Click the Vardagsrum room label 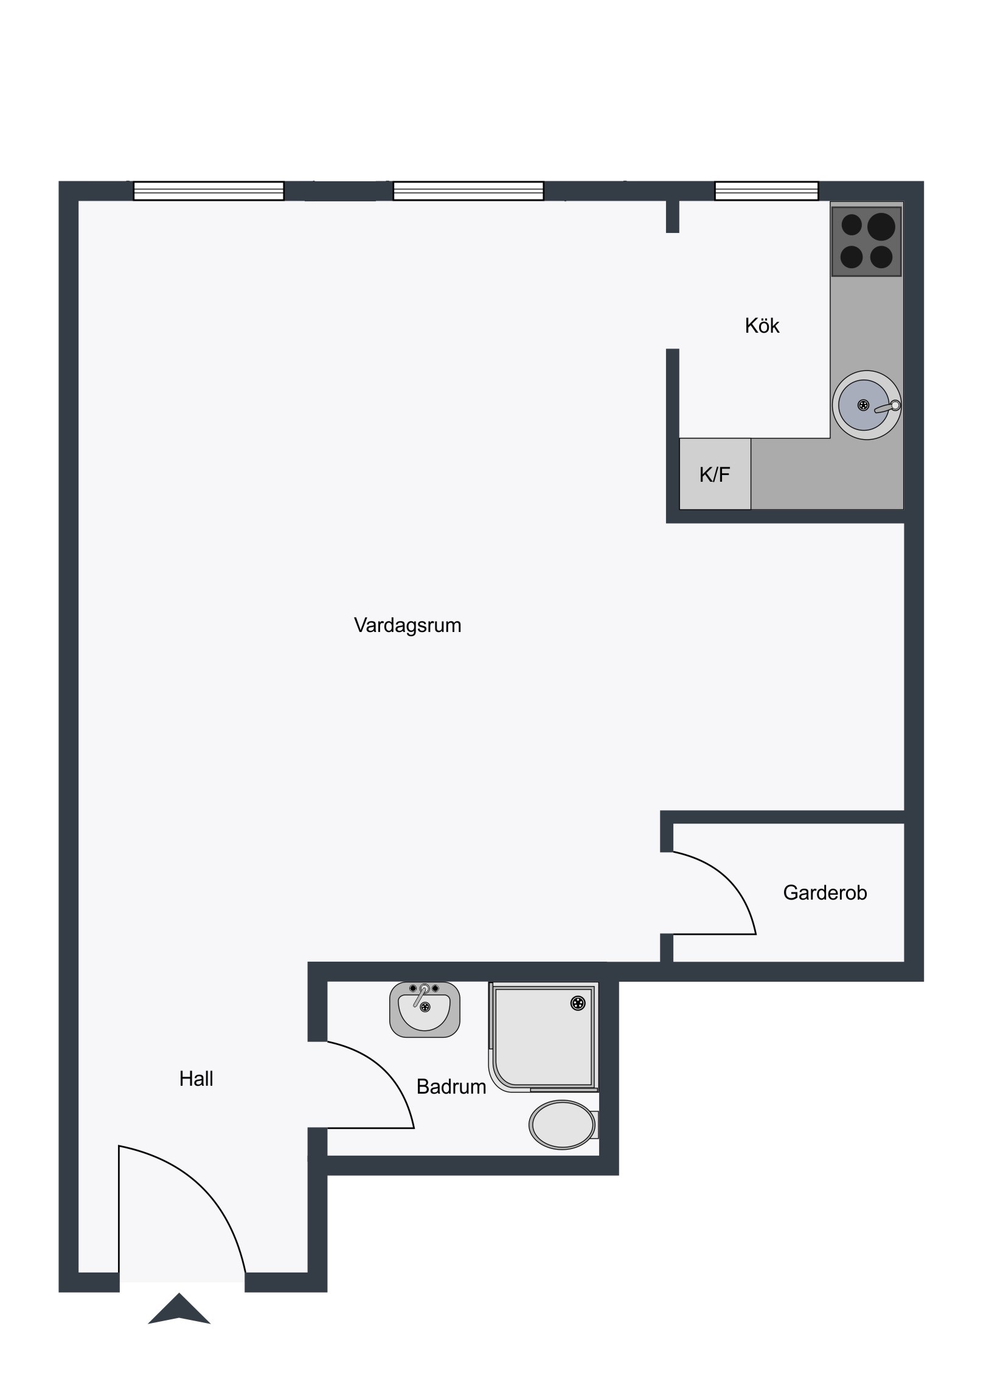click(407, 626)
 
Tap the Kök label click(762, 326)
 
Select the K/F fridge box click(715, 473)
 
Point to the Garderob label click(825, 894)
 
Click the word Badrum click(451, 1087)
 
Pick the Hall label click(196, 1079)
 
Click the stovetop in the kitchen click(866, 241)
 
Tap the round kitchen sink click(866, 405)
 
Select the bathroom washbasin click(425, 1010)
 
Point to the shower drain click(577, 1003)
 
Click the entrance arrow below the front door click(179, 1309)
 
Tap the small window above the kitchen click(766, 191)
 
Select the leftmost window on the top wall click(209, 191)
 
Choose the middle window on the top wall click(468, 191)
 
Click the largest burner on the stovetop click(881, 227)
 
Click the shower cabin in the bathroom click(543, 1036)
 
